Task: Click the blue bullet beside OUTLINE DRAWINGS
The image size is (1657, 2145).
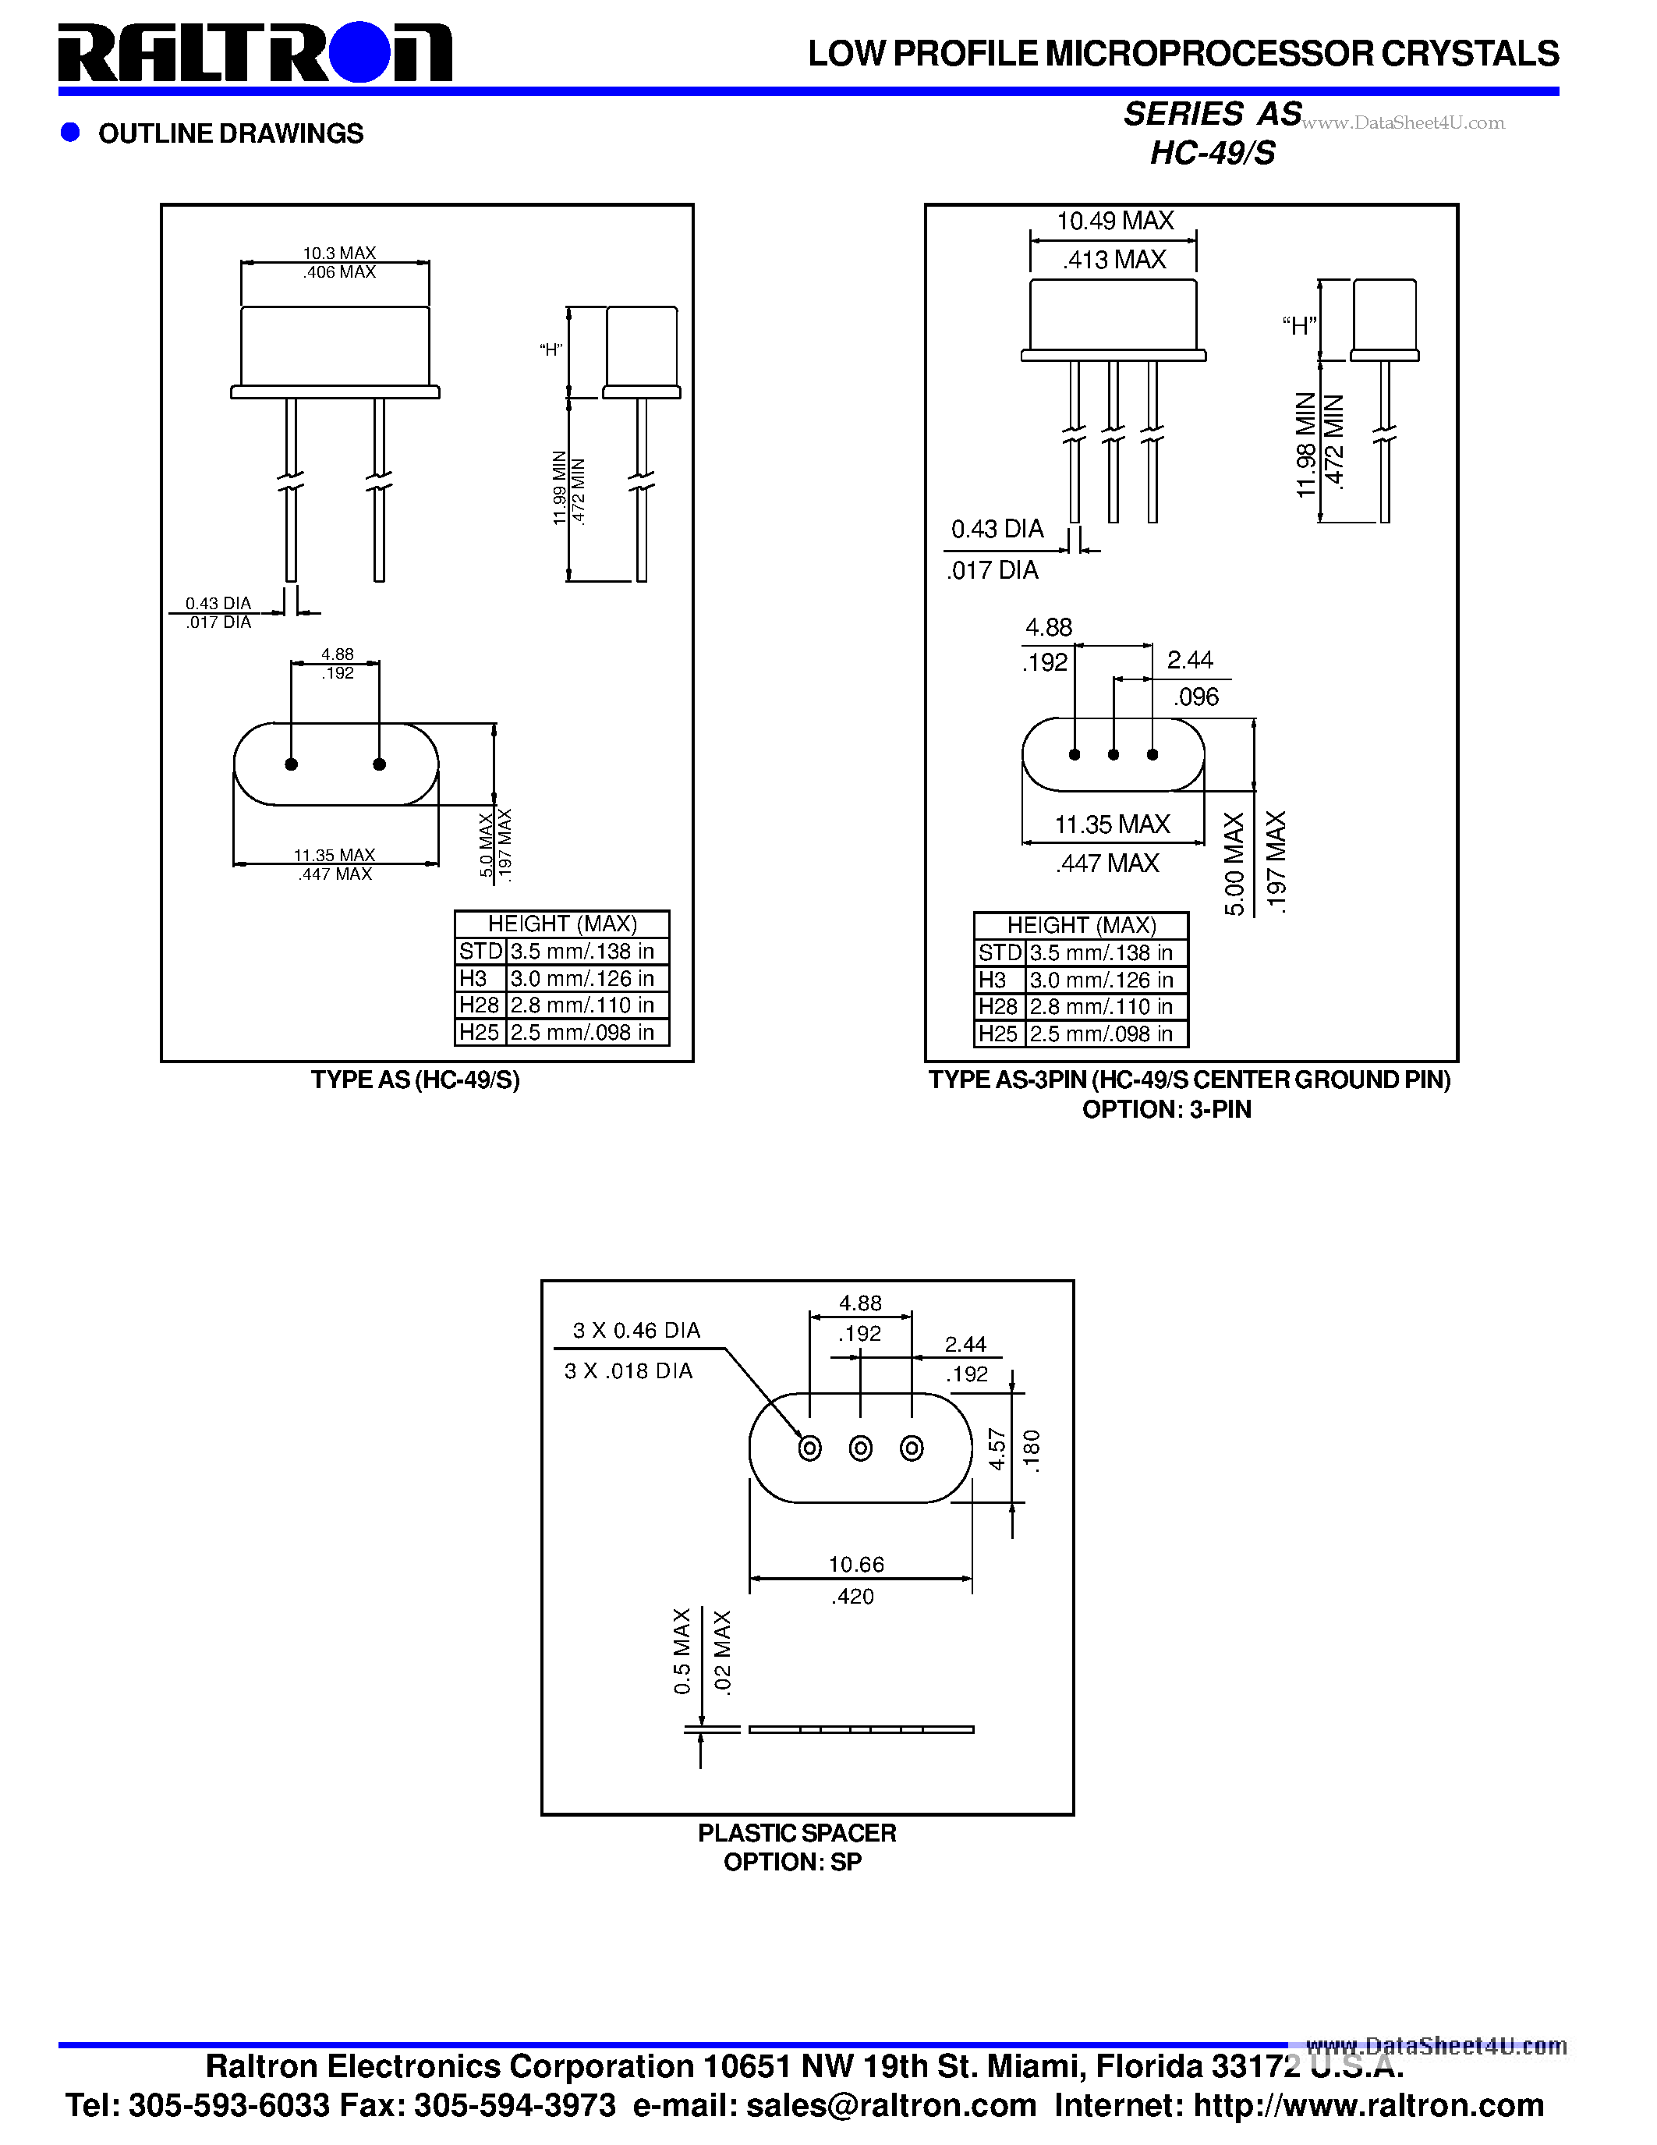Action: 69,133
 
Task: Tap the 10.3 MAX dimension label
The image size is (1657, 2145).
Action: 338,253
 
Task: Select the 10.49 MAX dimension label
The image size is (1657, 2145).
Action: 1114,221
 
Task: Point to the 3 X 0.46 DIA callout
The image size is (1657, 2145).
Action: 636,1331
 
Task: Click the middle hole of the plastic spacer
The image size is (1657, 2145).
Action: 861,1448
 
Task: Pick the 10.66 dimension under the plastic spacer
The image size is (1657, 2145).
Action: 856,1565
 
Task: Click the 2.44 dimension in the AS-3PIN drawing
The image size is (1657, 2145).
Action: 1190,660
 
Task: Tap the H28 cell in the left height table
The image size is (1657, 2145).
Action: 479,1005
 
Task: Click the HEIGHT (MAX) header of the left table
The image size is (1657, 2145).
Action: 562,924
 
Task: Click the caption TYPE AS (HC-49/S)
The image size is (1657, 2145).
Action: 416,1080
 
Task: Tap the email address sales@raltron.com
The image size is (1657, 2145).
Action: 890,2106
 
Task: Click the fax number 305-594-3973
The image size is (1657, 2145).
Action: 515,2106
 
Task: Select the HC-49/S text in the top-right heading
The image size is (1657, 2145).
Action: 1213,153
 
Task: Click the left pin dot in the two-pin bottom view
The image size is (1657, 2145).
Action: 292,764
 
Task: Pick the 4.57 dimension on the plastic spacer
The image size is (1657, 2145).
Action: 997,1448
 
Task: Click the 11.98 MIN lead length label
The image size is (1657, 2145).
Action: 1305,445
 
